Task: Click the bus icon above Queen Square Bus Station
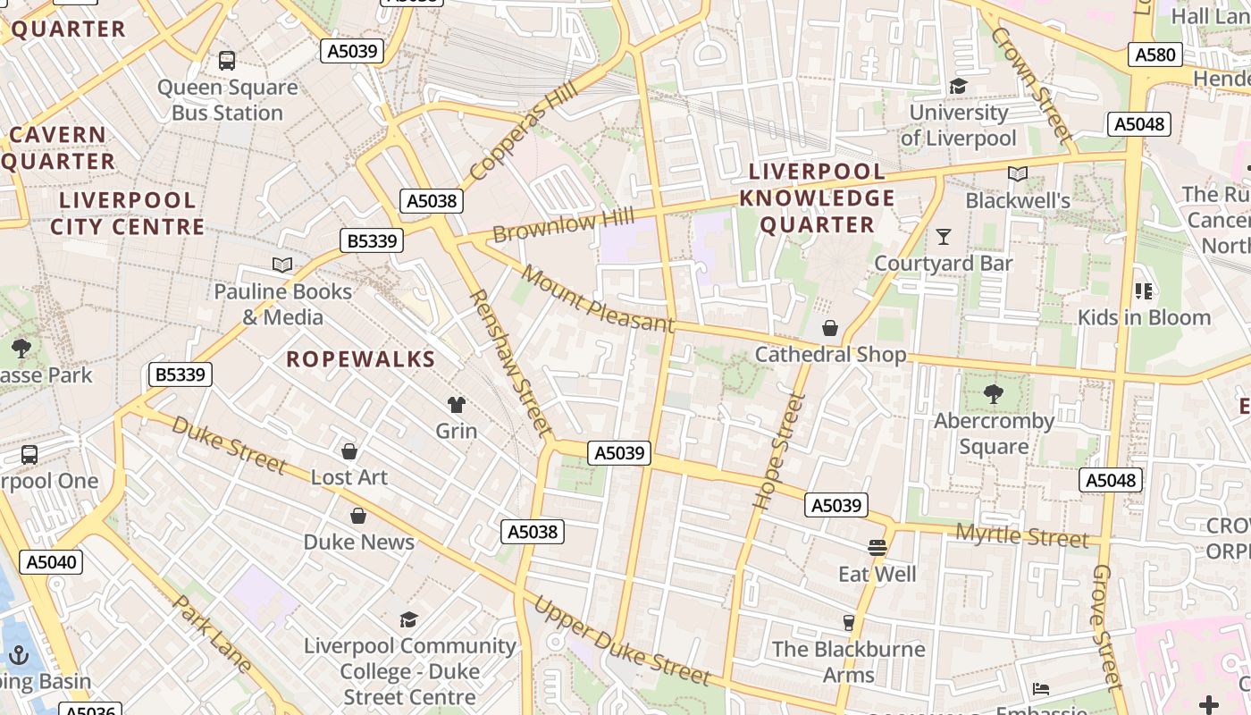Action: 227,61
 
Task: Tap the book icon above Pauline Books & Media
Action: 282,265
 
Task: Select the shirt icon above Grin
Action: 457,405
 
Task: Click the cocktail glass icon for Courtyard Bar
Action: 943,237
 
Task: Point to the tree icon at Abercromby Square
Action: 993,394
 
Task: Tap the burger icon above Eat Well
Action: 877,547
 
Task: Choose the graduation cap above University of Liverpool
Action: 958,87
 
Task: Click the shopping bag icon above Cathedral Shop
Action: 830,329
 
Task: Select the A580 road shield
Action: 1154,55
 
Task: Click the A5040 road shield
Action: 53,562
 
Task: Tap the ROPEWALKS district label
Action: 360,359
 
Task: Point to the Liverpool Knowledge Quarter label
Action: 817,198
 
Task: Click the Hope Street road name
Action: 774,452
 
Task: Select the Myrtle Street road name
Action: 1022,535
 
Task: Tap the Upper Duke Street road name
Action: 622,641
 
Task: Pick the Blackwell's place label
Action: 1018,201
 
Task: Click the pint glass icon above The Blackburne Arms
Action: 848,623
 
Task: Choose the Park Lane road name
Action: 212,634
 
